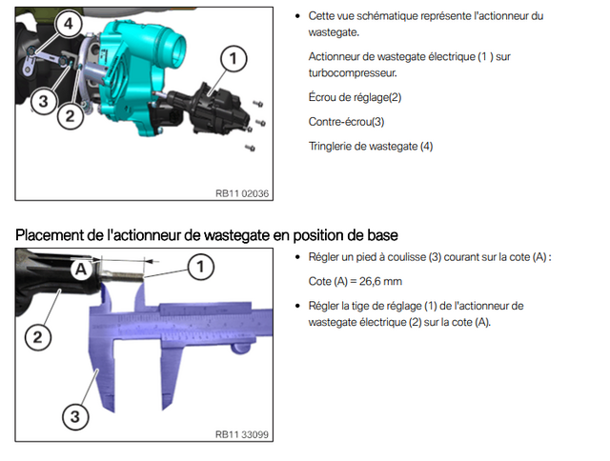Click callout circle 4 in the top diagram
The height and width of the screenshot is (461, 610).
(68, 24)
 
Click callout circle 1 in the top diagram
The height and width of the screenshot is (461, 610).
(233, 59)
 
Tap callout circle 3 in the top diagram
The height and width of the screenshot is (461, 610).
(44, 102)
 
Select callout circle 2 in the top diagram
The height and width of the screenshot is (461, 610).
(70, 116)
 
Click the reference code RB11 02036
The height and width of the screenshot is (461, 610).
(242, 193)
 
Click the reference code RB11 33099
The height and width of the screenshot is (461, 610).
(242, 434)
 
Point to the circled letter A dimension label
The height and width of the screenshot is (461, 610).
(80, 269)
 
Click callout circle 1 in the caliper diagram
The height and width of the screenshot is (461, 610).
(200, 267)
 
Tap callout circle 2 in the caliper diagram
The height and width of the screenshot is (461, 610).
(38, 337)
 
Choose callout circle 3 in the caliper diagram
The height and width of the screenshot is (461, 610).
(75, 416)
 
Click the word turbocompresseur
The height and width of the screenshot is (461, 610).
(353, 73)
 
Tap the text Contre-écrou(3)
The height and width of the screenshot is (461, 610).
(346, 122)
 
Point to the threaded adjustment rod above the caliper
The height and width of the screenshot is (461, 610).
(124, 276)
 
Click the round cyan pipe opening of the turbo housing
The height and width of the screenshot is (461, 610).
(173, 49)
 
